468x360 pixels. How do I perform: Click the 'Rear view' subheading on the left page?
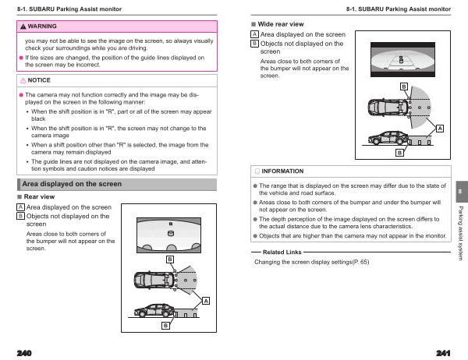pyautogui.click(x=39, y=197)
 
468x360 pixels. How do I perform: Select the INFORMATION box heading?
pyautogui.click(x=282, y=171)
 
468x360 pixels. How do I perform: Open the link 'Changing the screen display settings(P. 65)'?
pyautogui.click(x=312, y=262)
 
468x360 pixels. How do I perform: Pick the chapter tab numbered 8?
pyautogui.click(x=460, y=191)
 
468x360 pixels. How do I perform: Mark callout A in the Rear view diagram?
pyautogui.click(x=206, y=301)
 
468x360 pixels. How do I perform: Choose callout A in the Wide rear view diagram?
pyautogui.click(x=440, y=128)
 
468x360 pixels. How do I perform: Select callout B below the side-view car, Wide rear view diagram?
pyautogui.click(x=399, y=154)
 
